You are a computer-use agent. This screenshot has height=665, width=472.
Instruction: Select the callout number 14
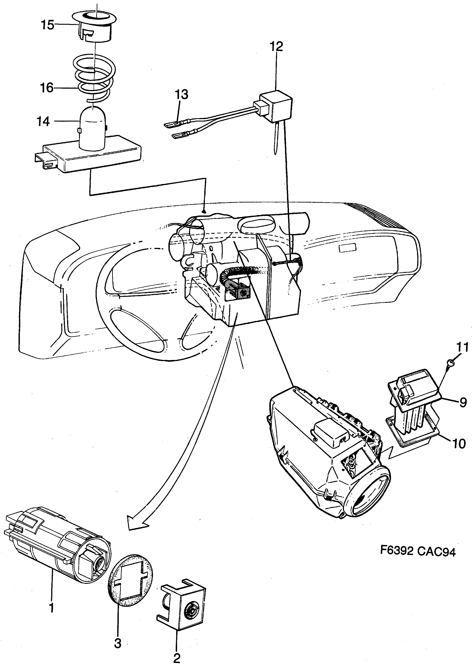coord(43,121)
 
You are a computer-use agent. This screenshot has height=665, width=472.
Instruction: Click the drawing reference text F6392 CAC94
coord(418,551)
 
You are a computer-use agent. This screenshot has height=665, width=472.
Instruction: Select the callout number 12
coord(276,47)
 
